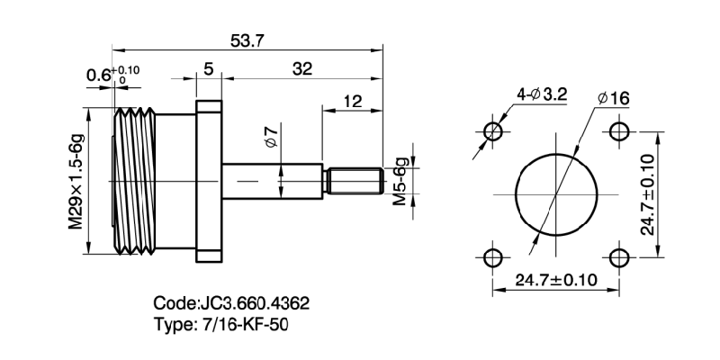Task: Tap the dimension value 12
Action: coord(352,102)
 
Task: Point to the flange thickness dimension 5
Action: coord(208,69)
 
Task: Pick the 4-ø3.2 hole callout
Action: coord(540,94)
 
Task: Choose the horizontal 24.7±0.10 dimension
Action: coord(555,280)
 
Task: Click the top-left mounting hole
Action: coord(492,131)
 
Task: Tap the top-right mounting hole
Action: coord(619,131)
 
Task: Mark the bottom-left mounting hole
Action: coord(492,258)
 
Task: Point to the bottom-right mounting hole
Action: coord(619,258)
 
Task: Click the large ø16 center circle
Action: coord(556,194)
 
